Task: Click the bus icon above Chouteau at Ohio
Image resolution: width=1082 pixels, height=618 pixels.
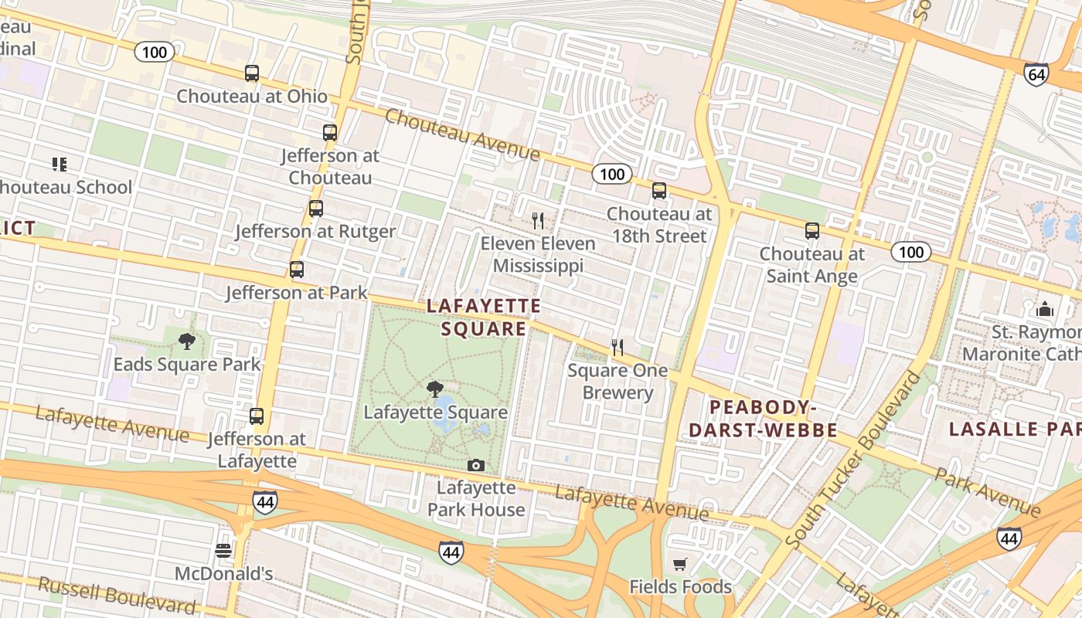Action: point(252,73)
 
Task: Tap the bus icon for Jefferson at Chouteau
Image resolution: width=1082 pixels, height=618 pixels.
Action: point(330,132)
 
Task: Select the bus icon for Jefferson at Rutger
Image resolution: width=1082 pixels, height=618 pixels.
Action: point(315,208)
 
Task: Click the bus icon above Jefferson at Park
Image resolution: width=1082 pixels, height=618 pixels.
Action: point(297,270)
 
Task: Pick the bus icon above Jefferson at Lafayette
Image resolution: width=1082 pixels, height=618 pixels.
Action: point(257,416)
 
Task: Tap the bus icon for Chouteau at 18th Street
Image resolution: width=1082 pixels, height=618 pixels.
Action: point(659,190)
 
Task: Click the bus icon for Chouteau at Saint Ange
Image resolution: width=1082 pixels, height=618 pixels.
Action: point(811,230)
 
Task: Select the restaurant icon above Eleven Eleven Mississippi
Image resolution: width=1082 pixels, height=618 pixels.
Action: point(538,221)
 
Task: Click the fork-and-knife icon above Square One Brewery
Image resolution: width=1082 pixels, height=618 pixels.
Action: point(617,348)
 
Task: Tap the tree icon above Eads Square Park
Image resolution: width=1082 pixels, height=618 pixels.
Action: point(186,341)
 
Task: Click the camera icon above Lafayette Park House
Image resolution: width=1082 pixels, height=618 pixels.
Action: point(476,465)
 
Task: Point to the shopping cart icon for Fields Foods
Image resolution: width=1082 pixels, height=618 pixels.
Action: point(680,564)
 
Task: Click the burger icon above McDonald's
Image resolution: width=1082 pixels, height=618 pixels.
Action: point(223,551)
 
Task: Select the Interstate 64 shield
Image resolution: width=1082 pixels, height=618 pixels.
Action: point(1036,74)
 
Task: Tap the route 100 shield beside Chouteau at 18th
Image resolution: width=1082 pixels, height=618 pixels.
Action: point(612,174)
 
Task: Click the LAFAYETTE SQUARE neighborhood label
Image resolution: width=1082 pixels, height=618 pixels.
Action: point(484,317)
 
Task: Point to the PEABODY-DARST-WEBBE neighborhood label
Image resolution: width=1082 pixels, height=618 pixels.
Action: point(764,419)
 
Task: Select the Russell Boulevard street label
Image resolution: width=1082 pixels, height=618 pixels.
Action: point(116,595)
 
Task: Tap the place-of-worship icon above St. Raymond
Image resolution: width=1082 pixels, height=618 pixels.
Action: point(1045,310)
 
